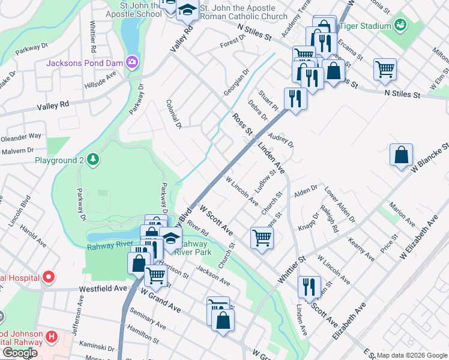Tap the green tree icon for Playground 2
[92, 160]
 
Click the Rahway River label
[109, 244]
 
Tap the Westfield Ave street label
[103, 288]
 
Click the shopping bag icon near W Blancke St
[401, 155]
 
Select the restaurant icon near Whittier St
[309, 285]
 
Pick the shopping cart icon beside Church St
[262, 238]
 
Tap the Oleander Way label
[21, 137]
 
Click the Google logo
[20, 352]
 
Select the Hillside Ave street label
[102, 79]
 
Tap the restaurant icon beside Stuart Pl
[295, 98]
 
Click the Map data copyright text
[412, 355]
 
